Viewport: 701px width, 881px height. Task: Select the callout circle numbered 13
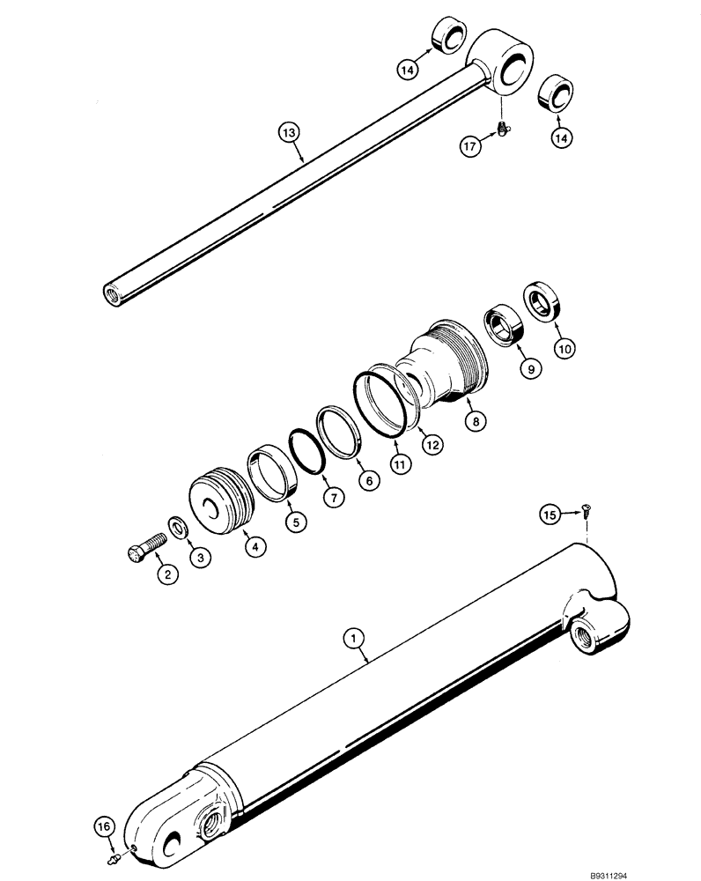(x=290, y=133)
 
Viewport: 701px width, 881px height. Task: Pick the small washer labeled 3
(x=179, y=529)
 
